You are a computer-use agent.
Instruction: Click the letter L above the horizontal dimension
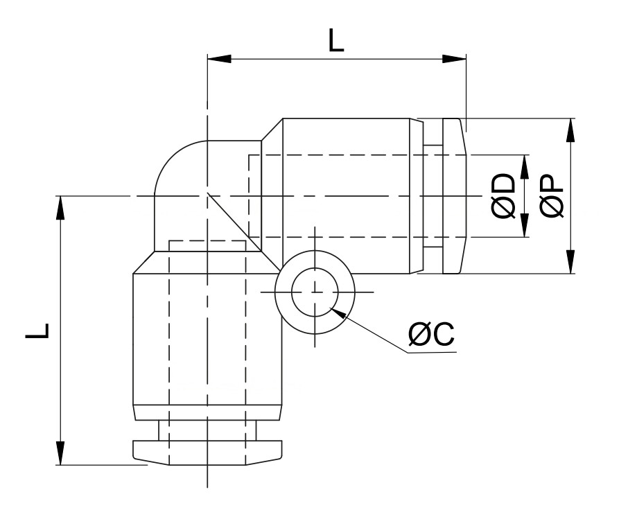coord(336,41)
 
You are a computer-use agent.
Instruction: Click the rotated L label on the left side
coord(37,331)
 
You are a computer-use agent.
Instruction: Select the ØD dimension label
coord(504,196)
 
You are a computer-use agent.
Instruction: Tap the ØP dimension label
coord(552,196)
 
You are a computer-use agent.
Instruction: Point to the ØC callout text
coord(431,334)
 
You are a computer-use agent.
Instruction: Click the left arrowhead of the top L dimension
coord(219,59)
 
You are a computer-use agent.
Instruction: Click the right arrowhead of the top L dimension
coord(455,59)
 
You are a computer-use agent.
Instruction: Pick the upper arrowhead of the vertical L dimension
coord(60,208)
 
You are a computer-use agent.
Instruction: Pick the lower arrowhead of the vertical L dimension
coord(60,452)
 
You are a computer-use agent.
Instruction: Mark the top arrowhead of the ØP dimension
coord(570,130)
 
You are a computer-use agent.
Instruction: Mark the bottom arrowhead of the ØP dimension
coord(570,261)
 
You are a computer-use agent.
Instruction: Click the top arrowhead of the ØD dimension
coord(525,167)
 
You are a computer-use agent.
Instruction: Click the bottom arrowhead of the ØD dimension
coord(525,225)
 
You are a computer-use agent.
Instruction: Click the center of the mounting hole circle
coord(315,292)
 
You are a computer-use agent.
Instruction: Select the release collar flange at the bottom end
coord(207,452)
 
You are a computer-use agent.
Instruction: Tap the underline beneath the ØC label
coord(432,353)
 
